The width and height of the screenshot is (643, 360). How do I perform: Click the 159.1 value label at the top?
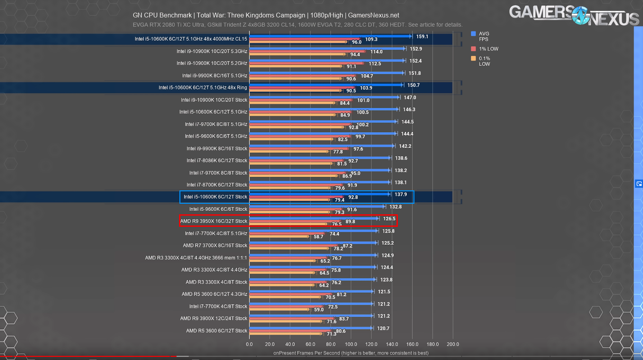point(422,37)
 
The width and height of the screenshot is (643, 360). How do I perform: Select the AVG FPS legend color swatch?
point(473,34)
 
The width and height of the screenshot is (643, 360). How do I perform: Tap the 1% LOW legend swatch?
point(473,49)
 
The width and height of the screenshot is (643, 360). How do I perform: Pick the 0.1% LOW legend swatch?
point(473,58)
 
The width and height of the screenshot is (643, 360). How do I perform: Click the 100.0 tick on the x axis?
point(351,344)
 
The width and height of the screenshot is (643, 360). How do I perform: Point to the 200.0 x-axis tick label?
point(453,344)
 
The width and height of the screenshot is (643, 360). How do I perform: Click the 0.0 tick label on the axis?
point(249,344)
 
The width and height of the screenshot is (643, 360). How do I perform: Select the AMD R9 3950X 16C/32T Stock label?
point(214,221)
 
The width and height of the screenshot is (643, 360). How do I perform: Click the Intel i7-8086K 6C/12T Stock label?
point(217,160)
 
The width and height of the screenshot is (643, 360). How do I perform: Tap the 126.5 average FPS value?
point(389,219)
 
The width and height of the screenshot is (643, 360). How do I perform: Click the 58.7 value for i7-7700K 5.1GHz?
point(318,237)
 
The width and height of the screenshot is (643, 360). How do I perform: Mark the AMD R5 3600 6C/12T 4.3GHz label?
point(214,294)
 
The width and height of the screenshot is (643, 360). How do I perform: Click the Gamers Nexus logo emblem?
point(580,15)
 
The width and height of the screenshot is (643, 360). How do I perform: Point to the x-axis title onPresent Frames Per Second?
point(351,353)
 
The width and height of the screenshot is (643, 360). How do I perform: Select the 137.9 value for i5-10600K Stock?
point(400,195)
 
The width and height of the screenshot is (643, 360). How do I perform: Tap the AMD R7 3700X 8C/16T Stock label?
point(215,245)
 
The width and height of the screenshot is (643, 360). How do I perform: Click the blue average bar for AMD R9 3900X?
point(311,316)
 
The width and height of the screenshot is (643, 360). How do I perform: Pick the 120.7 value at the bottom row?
point(383,328)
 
